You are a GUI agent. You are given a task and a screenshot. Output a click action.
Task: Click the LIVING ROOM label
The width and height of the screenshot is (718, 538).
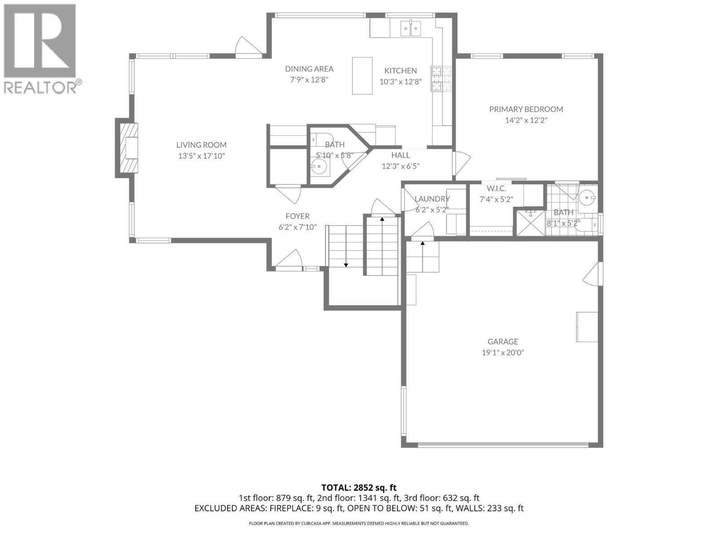pos(201,145)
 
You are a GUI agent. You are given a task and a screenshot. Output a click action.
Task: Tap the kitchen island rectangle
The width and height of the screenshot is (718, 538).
pos(362,75)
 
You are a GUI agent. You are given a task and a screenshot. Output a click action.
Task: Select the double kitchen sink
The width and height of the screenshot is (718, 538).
pos(411,29)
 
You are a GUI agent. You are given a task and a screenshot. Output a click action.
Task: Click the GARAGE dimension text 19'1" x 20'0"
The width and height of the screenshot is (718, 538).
pos(503,352)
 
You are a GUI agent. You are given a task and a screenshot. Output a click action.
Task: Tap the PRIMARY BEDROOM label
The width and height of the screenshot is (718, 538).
pos(525,109)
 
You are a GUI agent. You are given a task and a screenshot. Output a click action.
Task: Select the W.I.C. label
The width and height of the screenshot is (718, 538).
pos(496,189)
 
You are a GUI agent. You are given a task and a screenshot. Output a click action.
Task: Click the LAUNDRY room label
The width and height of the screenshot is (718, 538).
pos(432,199)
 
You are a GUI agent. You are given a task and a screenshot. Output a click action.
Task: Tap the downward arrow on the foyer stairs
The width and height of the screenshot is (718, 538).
pos(346,265)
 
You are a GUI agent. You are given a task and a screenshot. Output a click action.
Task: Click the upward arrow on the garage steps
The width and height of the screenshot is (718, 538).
pos(422,244)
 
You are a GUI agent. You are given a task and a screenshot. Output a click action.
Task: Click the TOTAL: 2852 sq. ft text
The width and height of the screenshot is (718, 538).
pos(359,487)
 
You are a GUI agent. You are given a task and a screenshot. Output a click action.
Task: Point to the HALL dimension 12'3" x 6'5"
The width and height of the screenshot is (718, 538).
pos(400,166)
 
